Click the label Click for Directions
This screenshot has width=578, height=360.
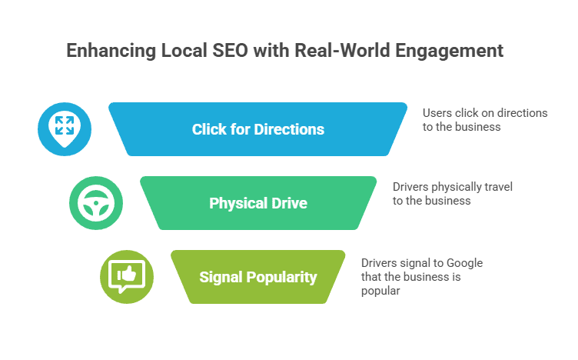coord(257,129)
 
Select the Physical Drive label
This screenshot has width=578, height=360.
coord(257,204)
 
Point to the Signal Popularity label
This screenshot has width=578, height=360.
coord(257,277)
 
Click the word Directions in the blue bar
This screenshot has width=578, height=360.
coord(288,129)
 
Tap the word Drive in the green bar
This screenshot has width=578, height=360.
coord(290,204)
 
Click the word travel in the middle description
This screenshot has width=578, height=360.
coord(498,187)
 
